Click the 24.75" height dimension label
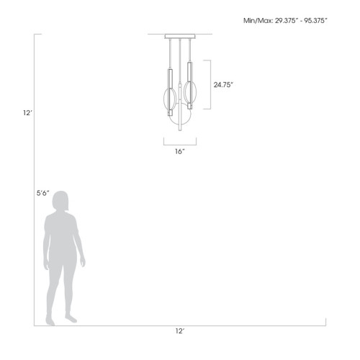(223, 84)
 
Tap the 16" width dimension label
(179, 152)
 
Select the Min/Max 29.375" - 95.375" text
(286, 21)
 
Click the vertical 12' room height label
(27, 112)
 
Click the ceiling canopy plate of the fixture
(179, 36)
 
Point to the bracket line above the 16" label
(179, 141)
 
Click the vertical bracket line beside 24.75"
(209, 84)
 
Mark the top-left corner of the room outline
(34, 34)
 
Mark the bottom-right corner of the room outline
(325, 325)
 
